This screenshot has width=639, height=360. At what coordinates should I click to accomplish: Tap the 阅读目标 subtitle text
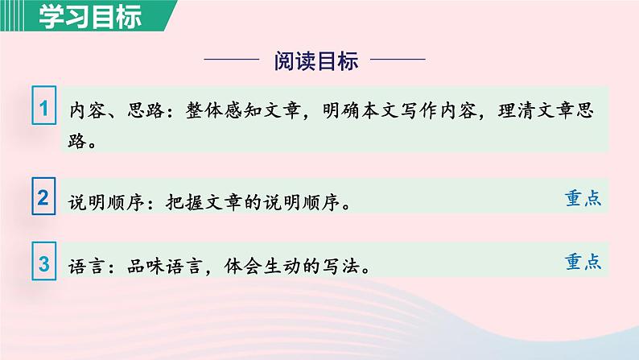(315, 60)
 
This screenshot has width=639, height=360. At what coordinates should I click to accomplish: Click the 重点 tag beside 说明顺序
(583, 198)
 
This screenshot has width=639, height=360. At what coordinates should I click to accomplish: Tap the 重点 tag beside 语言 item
(583, 262)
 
